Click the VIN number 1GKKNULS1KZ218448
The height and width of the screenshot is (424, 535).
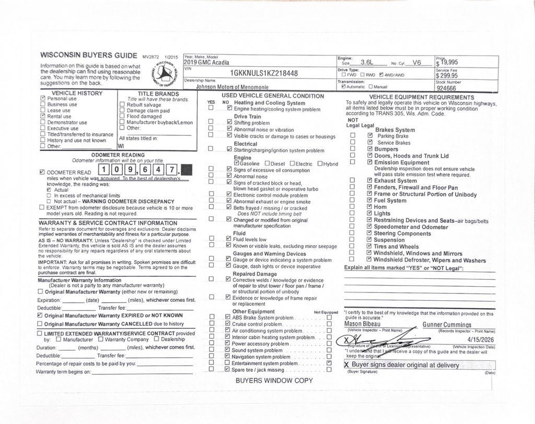tap(264, 74)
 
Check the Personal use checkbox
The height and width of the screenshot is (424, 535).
tap(43, 98)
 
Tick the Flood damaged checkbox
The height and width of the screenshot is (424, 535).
tap(122, 116)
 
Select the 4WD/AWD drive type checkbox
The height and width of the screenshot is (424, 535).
tap(382, 75)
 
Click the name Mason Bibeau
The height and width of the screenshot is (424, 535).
tap(363, 324)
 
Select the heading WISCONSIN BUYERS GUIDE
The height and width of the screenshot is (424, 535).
tap(89, 55)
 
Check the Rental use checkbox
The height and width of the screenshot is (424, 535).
tap(43, 116)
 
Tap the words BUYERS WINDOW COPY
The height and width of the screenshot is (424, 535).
tap(274, 381)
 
